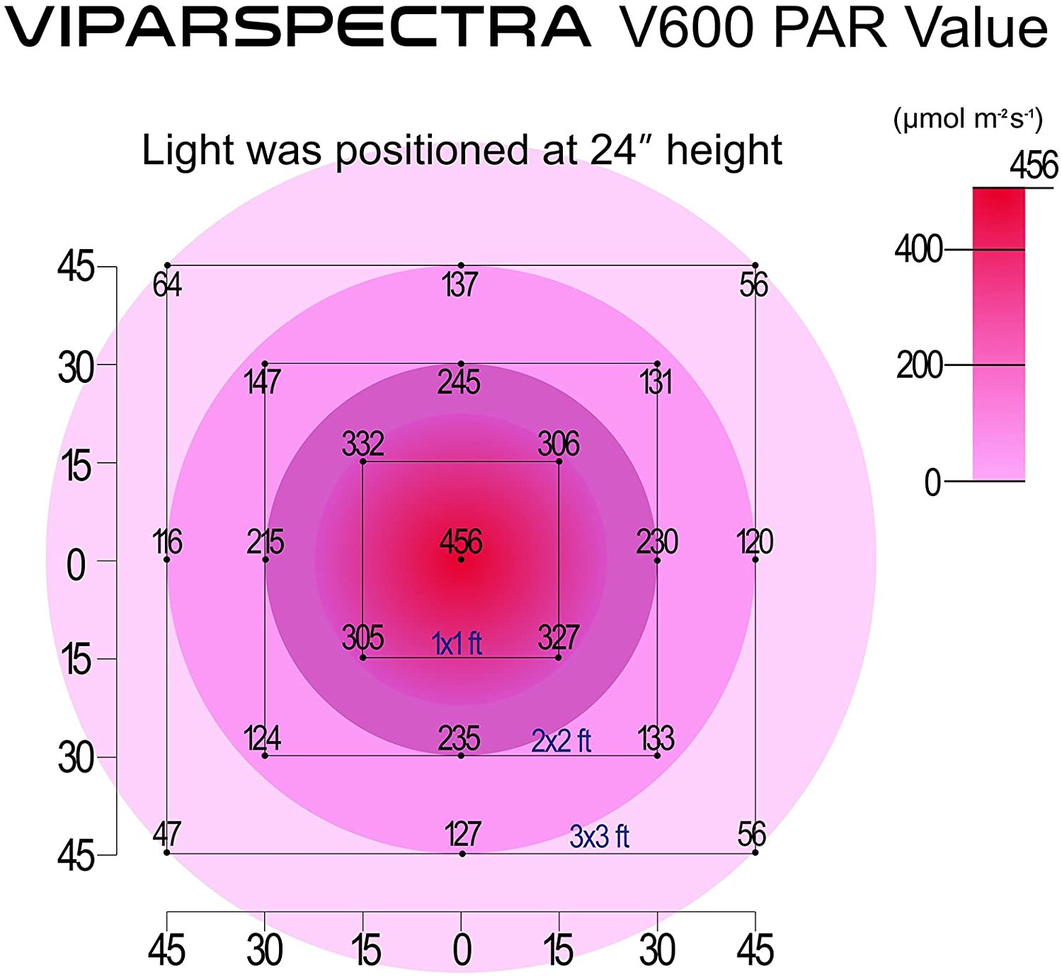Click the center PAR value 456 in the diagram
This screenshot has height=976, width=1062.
click(x=461, y=542)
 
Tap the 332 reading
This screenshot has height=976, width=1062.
click(x=362, y=444)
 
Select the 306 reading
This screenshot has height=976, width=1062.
click(x=559, y=444)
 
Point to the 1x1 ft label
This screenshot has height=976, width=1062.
click(x=457, y=643)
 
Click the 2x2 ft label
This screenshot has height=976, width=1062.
click(x=561, y=741)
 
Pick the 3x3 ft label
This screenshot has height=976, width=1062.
click(x=599, y=837)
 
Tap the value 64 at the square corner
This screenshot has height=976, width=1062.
click(x=167, y=285)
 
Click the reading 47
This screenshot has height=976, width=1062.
click(x=167, y=834)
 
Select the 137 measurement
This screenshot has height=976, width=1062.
click(x=460, y=285)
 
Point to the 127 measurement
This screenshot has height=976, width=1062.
click(x=463, y=834)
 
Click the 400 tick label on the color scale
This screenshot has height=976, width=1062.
click(x=918, y=250)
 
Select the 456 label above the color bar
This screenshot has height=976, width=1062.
click(x=1034, y=166)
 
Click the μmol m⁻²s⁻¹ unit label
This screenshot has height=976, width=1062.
click(x=968, y=119)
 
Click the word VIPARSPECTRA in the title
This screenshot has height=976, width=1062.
click(x=298, y=28)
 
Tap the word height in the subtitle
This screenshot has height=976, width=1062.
click(x=724, y=150)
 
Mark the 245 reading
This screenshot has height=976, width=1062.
click(x=459, y=382)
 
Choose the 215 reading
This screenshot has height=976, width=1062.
click(x=265, y=542)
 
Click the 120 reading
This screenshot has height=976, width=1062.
click(x=755, y=542)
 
